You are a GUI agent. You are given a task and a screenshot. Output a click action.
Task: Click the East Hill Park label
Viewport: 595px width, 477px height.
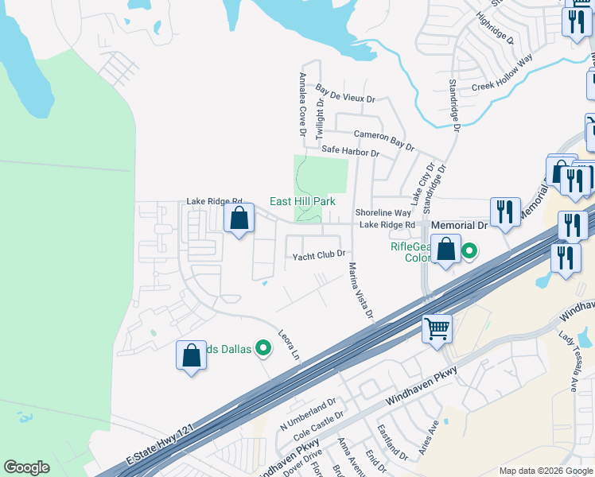pos(301,202)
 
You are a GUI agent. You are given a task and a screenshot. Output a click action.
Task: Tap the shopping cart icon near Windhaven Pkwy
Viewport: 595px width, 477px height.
pos(437,328)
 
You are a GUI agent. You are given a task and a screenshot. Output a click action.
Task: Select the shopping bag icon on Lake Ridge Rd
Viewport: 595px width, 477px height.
pos(239,218)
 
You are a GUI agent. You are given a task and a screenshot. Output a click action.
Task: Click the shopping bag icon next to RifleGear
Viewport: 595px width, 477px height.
pos(447,248)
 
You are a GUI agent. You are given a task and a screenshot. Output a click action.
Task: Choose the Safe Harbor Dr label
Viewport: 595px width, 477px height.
pos(350,150)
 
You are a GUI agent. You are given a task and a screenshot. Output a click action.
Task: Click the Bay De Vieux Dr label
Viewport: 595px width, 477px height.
pos(344,94)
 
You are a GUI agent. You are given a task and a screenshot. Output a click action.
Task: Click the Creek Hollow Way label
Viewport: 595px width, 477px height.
pos(502,74)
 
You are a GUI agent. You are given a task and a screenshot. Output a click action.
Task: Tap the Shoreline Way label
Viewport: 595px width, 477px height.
pos(383,213)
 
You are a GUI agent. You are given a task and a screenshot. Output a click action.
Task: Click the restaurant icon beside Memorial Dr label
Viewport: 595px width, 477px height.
pos(504,211)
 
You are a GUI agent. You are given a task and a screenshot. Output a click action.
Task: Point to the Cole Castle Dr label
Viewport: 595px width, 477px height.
pos(318,426)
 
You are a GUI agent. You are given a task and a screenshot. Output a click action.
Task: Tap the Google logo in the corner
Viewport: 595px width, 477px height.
pos(27,467)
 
